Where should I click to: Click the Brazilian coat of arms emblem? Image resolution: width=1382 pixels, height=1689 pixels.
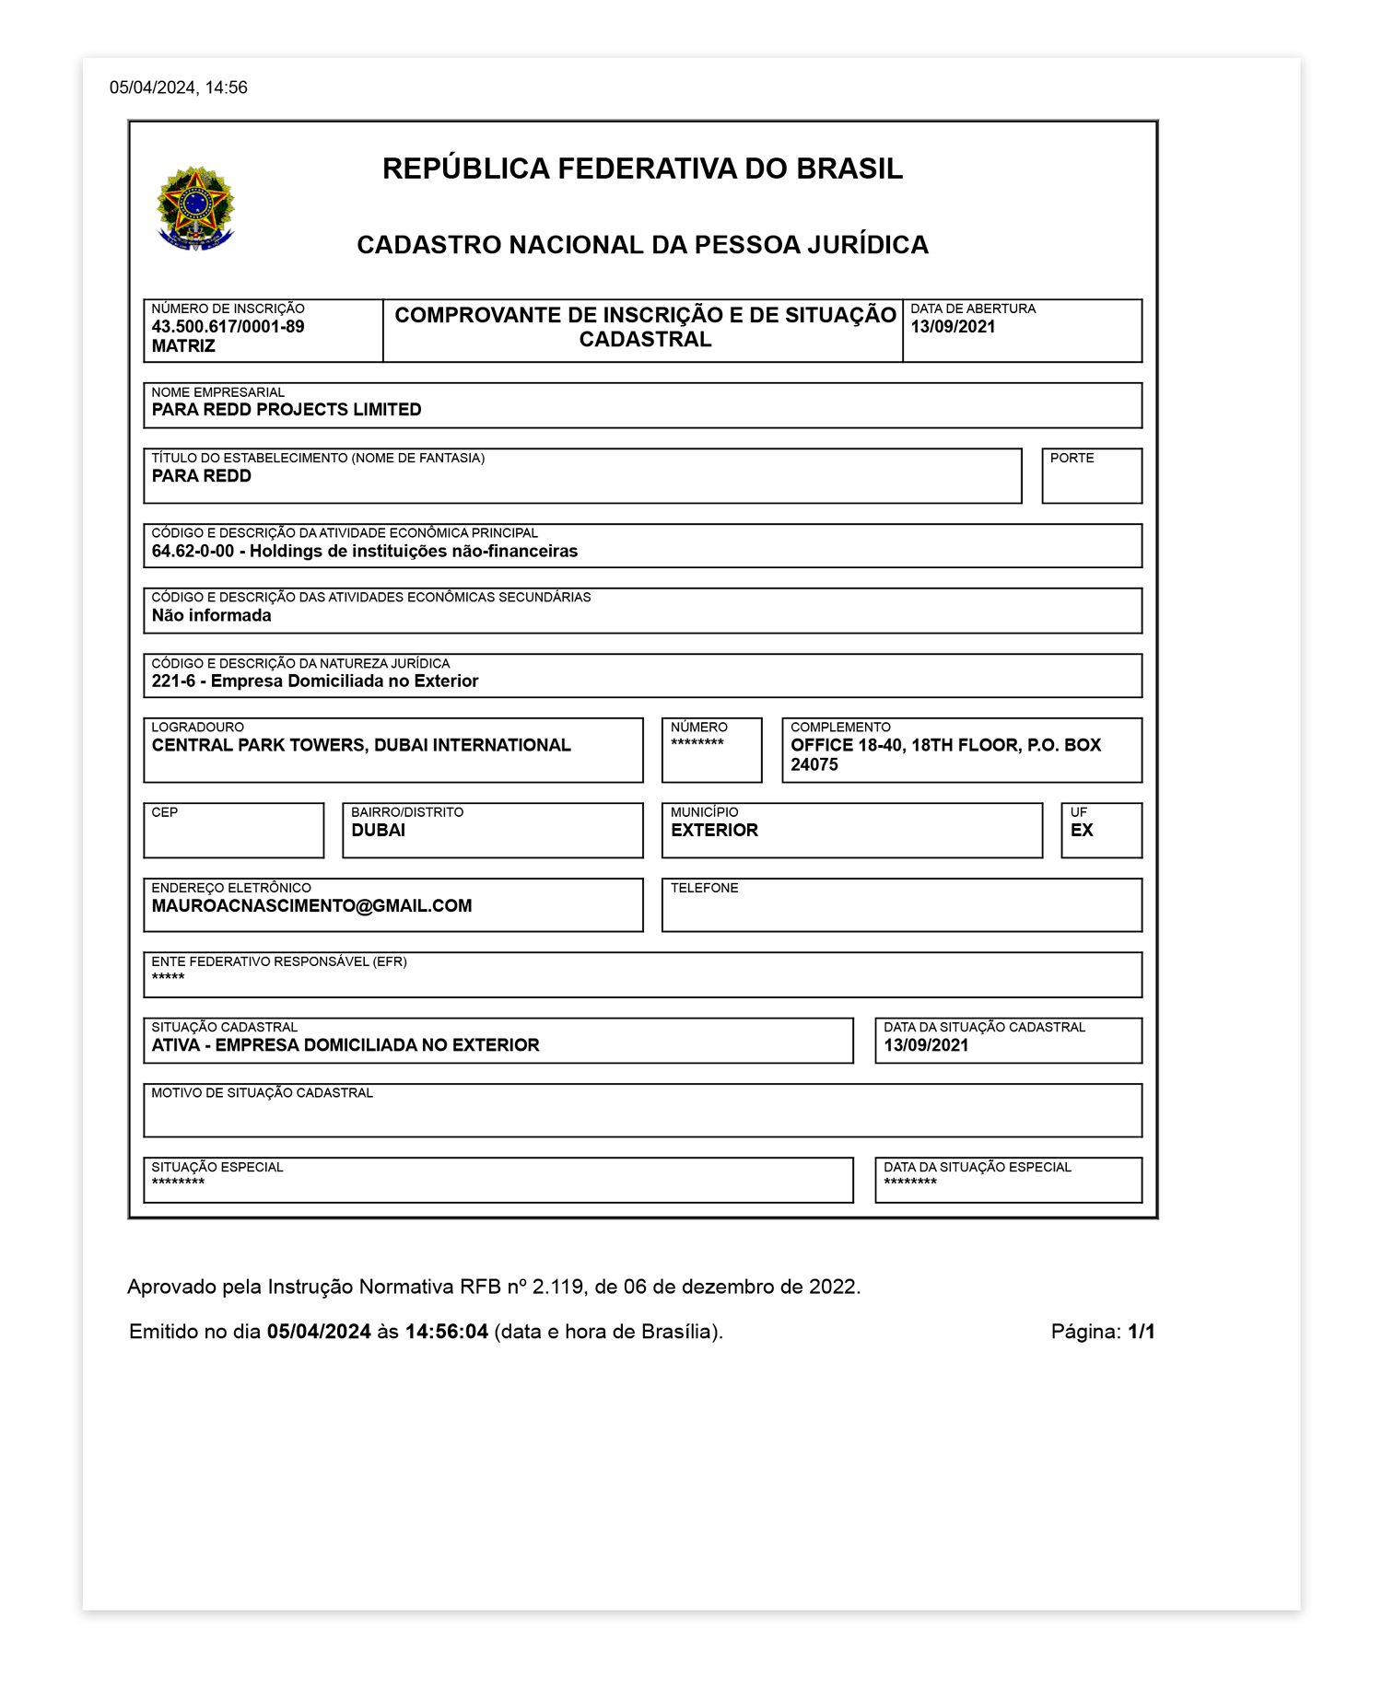point(196,208)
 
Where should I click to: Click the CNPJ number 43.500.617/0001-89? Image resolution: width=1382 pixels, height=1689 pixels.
point(228,327)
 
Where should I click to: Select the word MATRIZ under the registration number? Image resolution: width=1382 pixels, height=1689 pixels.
point(183,346)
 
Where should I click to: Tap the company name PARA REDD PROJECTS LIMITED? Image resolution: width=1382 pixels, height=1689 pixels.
point(287,410)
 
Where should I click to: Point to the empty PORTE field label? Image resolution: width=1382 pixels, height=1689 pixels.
point(1072,458)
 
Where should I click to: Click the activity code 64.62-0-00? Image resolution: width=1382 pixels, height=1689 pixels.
point(193,552)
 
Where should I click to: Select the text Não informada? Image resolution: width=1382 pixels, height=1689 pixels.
point(211,616)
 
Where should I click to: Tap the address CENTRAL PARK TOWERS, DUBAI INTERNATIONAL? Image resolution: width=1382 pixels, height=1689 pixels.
point(361,745)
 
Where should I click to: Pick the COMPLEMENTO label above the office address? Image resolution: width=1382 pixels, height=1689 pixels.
point(840,728)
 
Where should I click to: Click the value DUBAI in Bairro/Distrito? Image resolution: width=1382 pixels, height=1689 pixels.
point(378,831)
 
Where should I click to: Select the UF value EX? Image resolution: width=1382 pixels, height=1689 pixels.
point(1082,831)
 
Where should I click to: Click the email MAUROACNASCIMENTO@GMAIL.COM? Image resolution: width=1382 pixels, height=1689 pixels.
point(311,906)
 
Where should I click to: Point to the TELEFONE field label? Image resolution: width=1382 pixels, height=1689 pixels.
point(704,888)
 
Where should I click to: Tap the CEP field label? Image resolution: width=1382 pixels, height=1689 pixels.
point(164,812)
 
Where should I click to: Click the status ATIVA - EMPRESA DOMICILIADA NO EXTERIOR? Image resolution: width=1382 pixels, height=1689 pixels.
point(345,1045)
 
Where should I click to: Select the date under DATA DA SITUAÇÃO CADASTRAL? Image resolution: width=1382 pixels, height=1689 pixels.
point(926,1045)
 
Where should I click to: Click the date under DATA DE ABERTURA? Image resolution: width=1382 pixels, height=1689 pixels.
point(953,327)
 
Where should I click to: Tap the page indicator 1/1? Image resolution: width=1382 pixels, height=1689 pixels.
point(1141,1332)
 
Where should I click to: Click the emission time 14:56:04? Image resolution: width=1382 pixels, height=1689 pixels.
point(446,1332)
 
